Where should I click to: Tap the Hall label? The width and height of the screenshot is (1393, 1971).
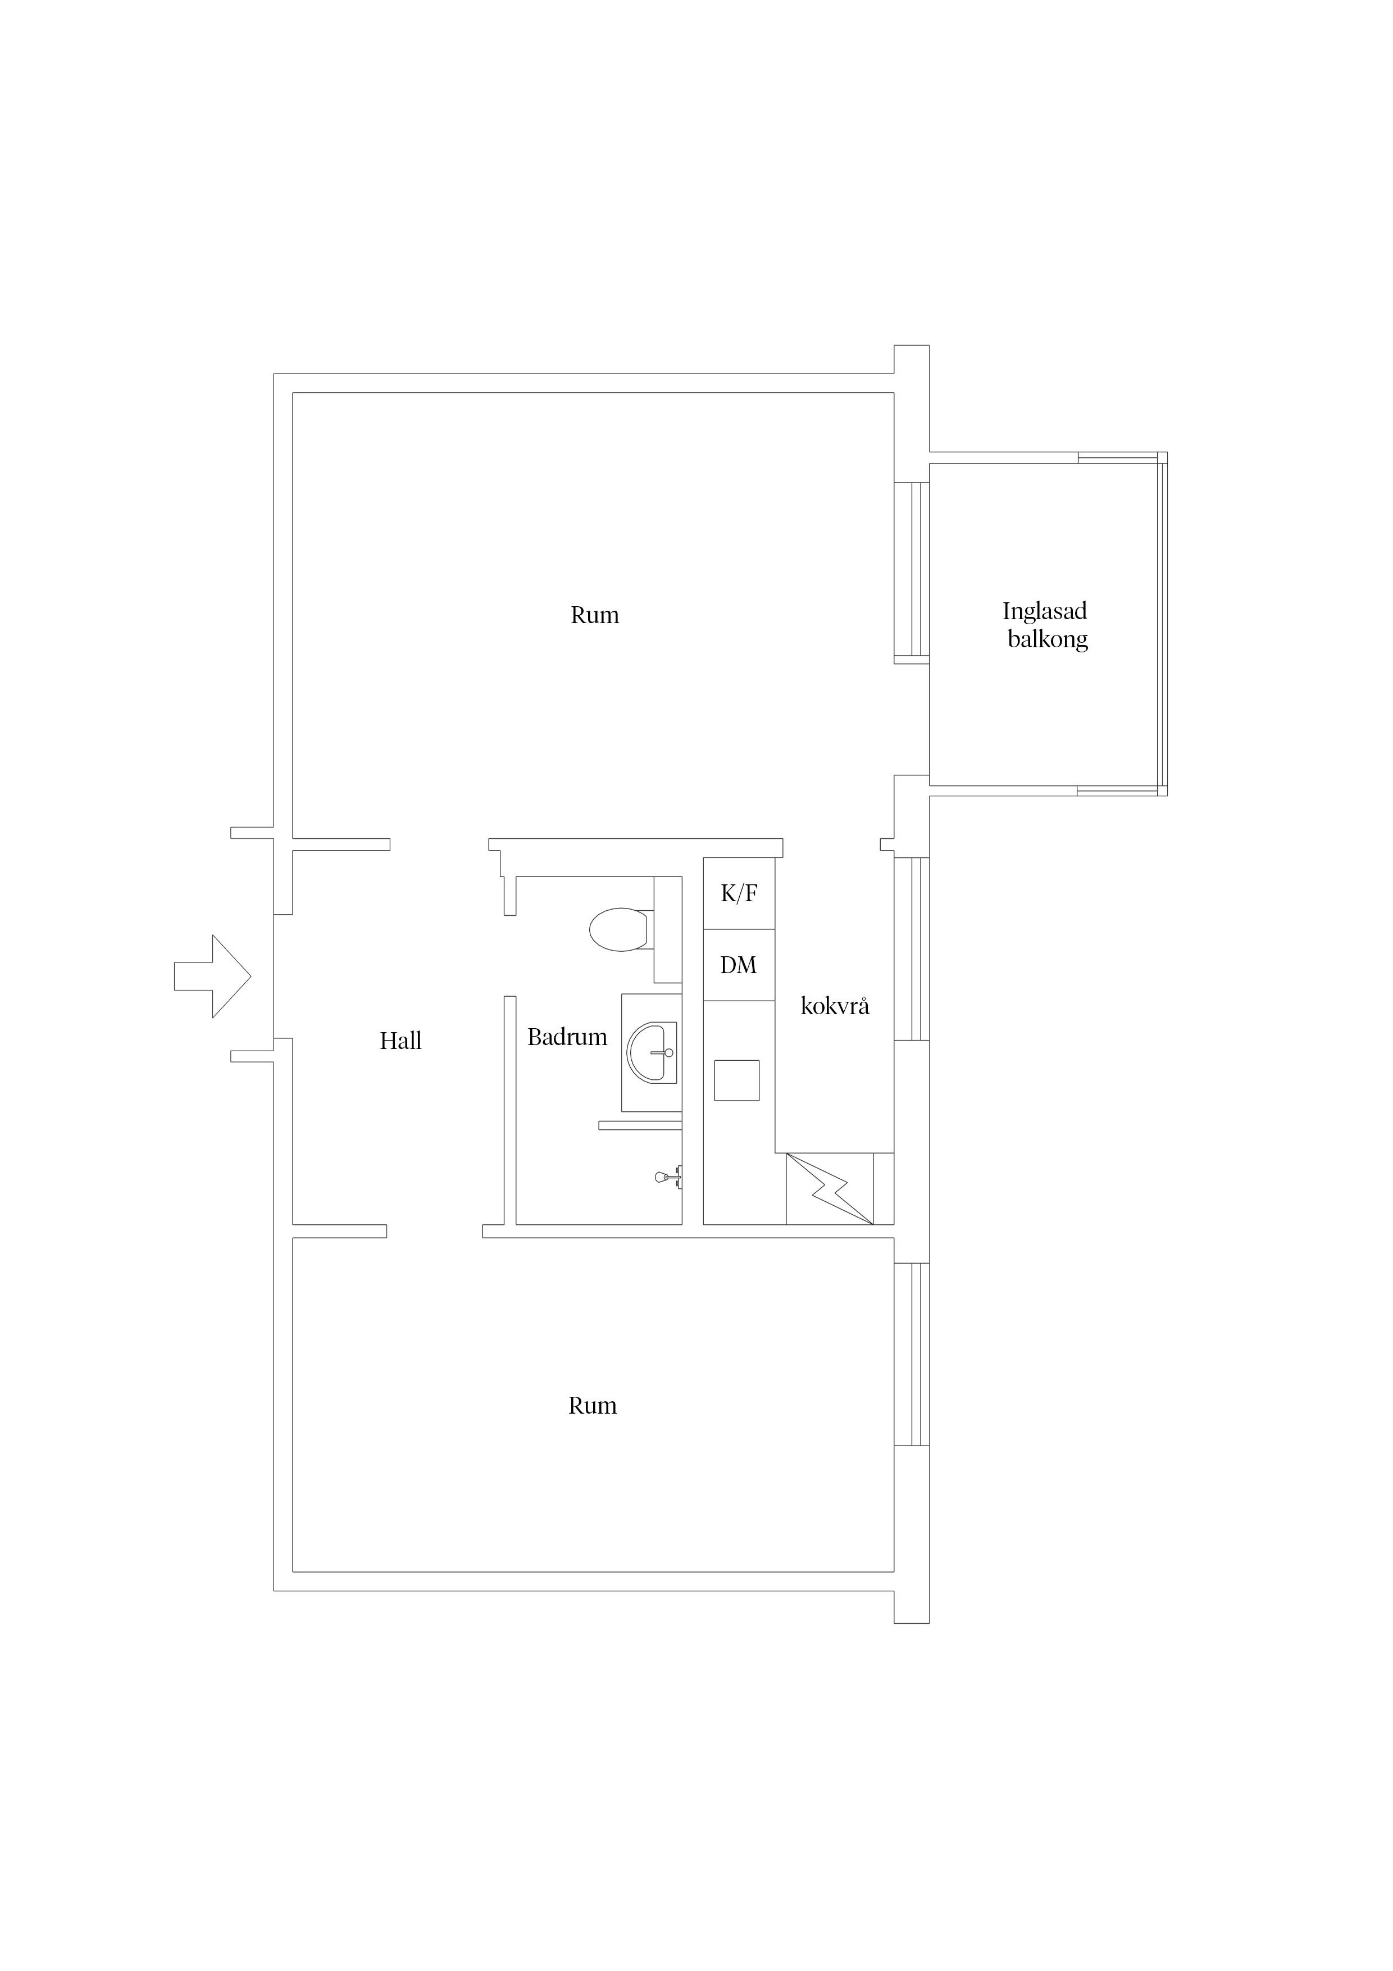(401, 1041)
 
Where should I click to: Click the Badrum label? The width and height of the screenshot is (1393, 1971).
(567, 1037)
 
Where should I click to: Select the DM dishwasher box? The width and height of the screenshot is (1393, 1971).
(739, 965)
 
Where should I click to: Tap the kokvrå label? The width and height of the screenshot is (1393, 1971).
(835, 1006)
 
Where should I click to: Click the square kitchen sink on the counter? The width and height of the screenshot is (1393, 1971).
(736, 1080)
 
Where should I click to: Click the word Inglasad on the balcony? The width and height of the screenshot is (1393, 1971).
(1045, 612)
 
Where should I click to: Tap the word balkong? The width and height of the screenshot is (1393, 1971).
(1048, 639)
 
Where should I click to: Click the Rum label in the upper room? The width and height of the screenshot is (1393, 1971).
(595, 615)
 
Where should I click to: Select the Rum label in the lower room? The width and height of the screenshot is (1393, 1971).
(592, 1405)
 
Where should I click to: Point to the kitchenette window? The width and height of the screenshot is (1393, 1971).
(912, 948)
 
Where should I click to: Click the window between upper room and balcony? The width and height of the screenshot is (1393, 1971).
(912, 573)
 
